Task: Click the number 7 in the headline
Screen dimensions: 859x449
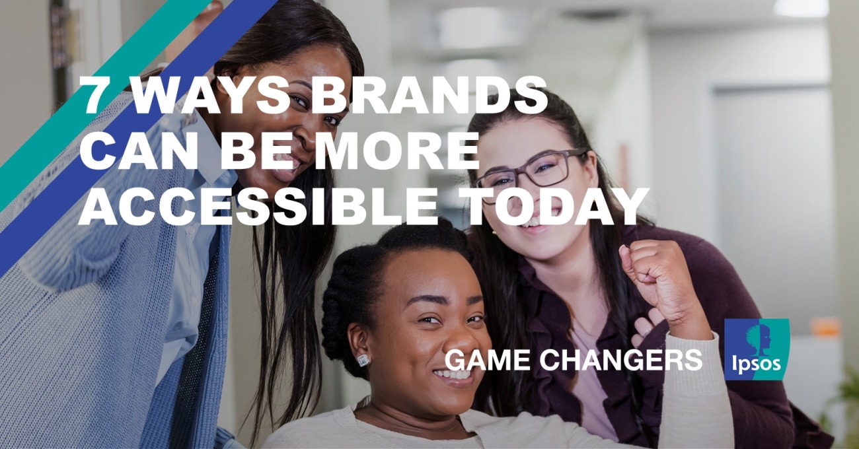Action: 94,95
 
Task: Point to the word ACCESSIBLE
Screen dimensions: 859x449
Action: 257,206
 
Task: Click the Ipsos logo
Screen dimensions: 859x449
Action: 757,349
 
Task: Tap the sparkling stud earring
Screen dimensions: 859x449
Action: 364,360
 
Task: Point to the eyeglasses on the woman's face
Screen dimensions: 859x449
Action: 531,173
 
